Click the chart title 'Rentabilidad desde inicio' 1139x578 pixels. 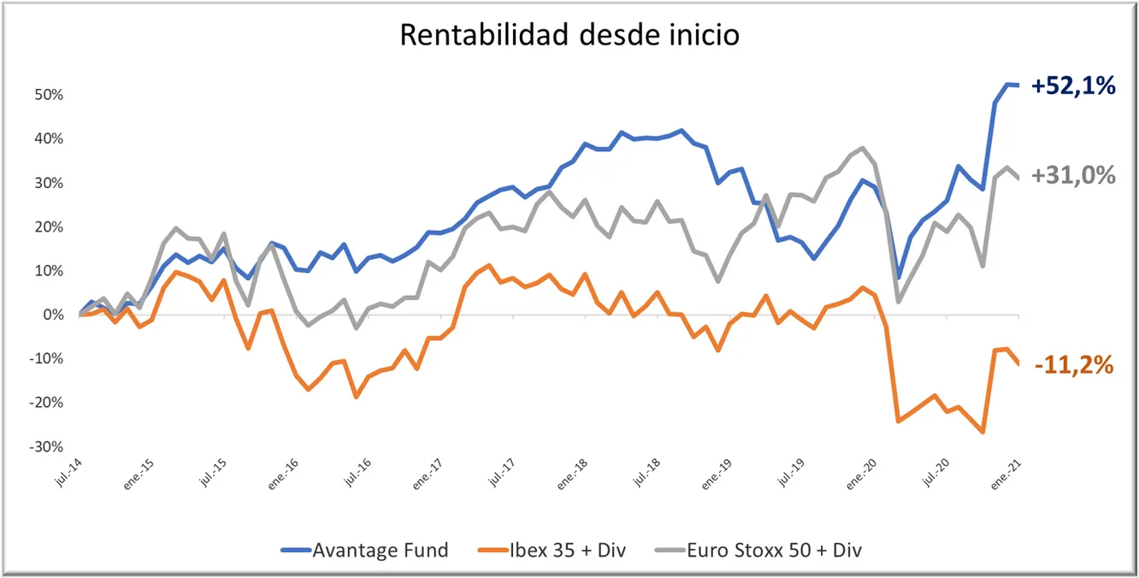pyautogui.click(x=569, y=35)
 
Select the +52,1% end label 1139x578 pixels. pyautogui.click(x=1073, y=86)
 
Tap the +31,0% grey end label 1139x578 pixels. pyautogui.click(x=1073, y=175)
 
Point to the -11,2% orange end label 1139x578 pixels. pyautogui.click(x=1074, y=365)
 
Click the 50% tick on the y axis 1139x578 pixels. pyautogui.click(x=50, y=94)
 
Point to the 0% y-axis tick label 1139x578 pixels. pyautogui.click(x=54, y=315)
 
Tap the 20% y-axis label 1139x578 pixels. pyautogui.click(x=50, y=227)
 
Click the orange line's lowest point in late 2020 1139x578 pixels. pyautogui.click(x=983, y=432)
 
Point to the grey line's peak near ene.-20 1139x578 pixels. pyautogui.click(x=862, y=148)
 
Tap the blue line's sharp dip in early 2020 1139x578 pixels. pyautogui.click(x=898, y=278)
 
